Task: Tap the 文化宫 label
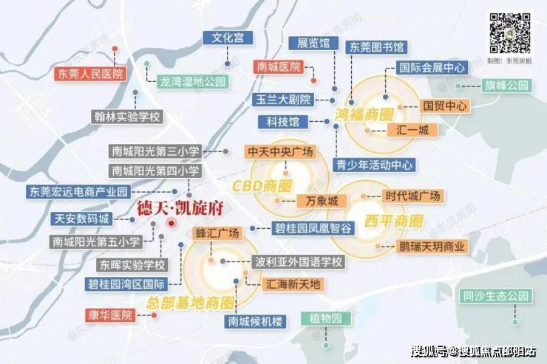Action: (228, 37)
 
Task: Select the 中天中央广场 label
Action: (280, 151)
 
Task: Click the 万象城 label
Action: (322, 201)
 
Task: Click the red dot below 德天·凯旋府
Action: (171, 222)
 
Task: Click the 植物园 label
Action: (326, 319)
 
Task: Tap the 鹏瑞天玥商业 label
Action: (430, 247)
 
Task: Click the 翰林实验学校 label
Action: (128, 117)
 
